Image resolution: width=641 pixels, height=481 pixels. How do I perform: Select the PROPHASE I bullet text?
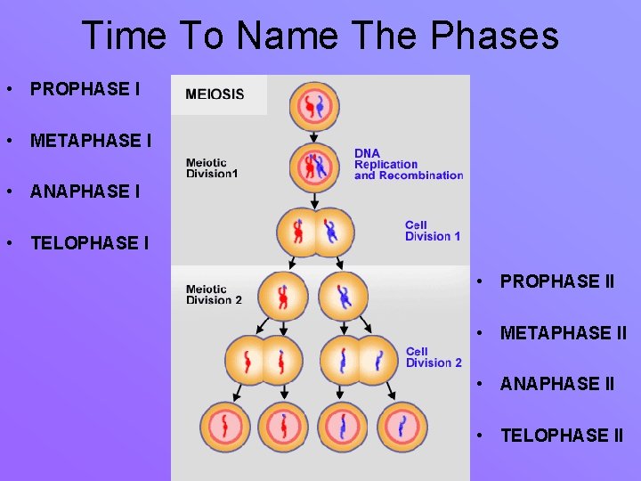pyautogui.click(x=85, y=89)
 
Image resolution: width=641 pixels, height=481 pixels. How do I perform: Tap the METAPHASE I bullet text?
pyautogui.click(x=91, y=141)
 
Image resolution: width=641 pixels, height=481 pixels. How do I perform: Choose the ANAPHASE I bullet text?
pyautogui.click(x=85, y=192)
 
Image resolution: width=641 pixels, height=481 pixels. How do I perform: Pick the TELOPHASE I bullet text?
pyautogui.click(x=90, y=242)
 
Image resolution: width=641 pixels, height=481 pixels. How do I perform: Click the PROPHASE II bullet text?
pyautogui.click(x=557, y=281)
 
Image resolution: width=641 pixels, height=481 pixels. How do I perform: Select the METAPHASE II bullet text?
pyautogui.click(x=564, y=333)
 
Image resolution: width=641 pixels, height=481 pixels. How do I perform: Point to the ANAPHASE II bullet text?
pyautogui.click(x=557, y=384)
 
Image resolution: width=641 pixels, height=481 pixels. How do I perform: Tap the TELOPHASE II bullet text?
pyautogui.click(x=562, y=436)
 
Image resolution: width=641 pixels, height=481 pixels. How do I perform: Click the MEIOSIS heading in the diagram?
pyautogui.click(x=215, y=94)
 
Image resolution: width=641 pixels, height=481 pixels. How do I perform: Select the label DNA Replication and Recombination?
pyautogui.click(x=409, y=164)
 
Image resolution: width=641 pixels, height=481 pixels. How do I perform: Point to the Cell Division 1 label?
pyautogui.click(x=433, y=231)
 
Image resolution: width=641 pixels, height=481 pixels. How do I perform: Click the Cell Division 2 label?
pyautogui.click(x=434, y=357)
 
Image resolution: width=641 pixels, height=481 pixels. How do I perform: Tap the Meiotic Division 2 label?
pyautogui.click(x=214, y=295)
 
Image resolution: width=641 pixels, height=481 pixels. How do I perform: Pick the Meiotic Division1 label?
pyautogui.click(x=211, y=168)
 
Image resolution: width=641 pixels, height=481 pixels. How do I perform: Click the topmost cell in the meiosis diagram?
pyautogui.click(x=314, y=106)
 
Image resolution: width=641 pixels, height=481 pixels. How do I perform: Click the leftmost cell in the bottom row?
pyautogui.click(x=225, y=427)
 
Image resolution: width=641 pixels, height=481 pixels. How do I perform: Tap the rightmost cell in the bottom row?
pyautogui.click(x=402, y=427)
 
